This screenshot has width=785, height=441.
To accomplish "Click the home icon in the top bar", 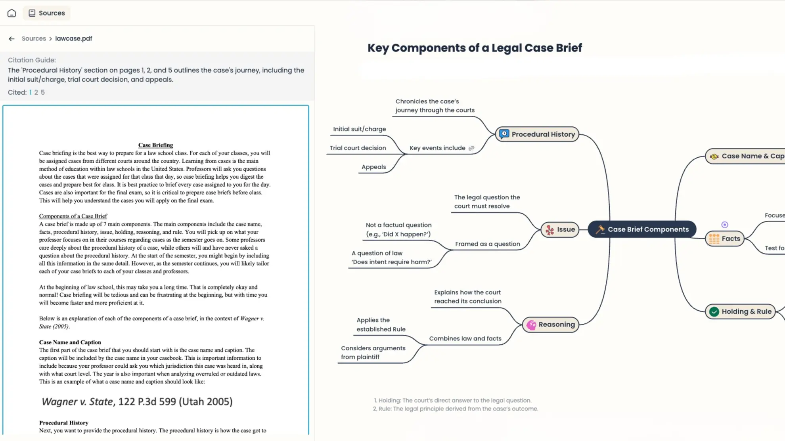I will click(11, 13).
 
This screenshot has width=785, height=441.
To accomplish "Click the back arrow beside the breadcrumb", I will click(11, 39).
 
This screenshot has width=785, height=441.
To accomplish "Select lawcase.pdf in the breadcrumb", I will click(73, 38).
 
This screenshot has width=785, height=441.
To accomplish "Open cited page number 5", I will click(43, 92).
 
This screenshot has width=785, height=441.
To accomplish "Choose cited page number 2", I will click(36, 92).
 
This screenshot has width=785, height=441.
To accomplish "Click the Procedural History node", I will click(537, 134).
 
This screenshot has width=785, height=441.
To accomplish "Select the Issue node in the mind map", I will click(560, 229).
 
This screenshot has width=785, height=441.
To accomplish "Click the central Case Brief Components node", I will click(642, 229).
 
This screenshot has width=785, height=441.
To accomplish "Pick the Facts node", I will click(725, 239).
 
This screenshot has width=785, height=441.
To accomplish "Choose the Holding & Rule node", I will click(740, 311).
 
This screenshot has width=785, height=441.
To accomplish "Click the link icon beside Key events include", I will click(471, 148).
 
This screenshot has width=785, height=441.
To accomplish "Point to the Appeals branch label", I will click(373, 167).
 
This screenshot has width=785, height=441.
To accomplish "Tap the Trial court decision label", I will click(358, 148).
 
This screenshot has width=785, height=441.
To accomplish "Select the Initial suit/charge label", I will click(359, 129).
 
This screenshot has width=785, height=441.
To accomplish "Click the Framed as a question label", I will click(487, 244).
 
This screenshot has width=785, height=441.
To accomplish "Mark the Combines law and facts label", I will click(465, 338).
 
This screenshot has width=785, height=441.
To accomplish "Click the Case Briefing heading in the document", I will click(155, 145).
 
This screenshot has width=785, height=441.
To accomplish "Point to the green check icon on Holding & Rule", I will click(714, 312).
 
